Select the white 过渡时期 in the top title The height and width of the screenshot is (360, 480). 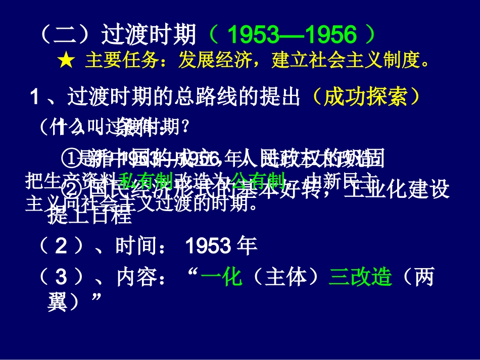(x=149, y=35)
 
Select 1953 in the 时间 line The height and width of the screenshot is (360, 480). (x=205, y=246)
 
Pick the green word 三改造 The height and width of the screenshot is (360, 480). (x=360, y=277)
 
